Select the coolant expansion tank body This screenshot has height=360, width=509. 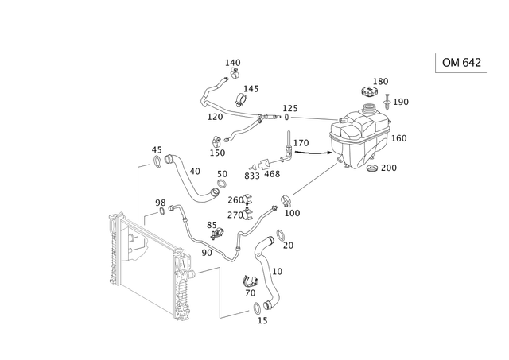coord(363,138)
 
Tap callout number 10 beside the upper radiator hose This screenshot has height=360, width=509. coord(196,170)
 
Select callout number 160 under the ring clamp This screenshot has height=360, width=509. coord(291,214)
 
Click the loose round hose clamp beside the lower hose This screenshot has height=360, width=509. coord(249,282)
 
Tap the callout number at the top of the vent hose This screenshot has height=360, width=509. coord(233,61)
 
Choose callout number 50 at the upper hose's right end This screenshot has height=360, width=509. coord(223,172)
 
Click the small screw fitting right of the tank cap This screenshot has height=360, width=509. coord(389,102)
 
